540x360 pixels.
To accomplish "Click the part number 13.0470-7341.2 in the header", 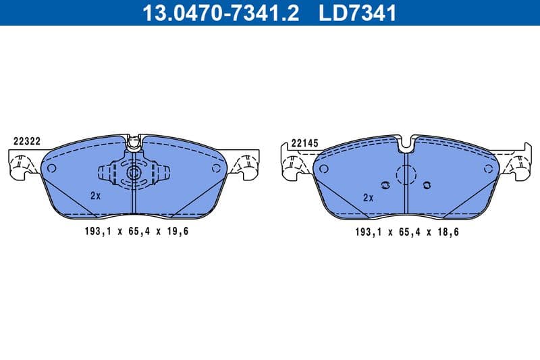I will click(x=219, y=13).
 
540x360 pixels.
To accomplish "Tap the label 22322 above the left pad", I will click(x=28, y=142).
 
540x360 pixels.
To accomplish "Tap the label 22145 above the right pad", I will click(x=305, y=144).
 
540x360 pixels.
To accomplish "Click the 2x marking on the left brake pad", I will click(x=95, y=196).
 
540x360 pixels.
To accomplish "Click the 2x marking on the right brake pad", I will click(x=368, y=198).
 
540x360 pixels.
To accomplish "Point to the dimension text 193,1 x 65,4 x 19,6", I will click(x=132, y=231).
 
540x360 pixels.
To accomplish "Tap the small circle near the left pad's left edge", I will click(x=51, y=168).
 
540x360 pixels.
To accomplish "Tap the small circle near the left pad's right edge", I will click(x=216, y=168).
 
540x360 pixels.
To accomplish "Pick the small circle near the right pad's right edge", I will click(x=491, y=169).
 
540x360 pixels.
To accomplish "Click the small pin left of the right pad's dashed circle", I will click(x=385, y=185).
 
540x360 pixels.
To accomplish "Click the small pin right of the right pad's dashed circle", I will click(x=427, y=184).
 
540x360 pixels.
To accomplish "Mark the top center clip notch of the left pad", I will click(x=133, y=141).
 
